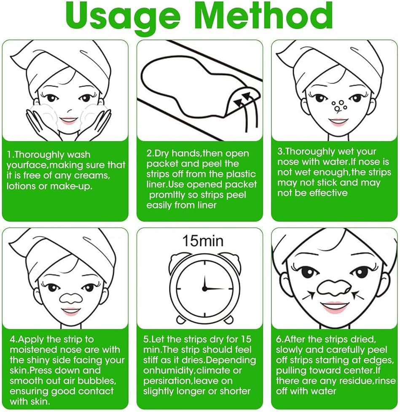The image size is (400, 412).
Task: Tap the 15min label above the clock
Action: tap(203, 241)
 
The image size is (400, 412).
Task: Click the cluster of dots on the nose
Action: tap(339, 106)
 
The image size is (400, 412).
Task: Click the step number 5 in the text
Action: tap(145, 339)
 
